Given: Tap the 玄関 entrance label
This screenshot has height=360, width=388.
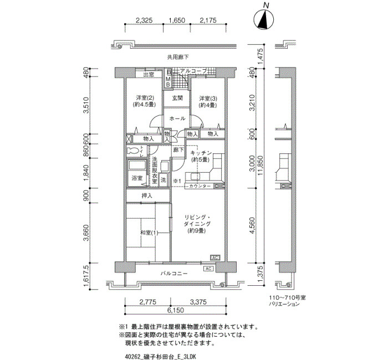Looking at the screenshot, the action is click(x=177, y=98).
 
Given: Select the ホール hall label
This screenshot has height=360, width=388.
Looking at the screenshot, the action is click(x=177, y=119).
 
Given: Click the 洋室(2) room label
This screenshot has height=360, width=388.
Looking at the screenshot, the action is click(x=144, y=98).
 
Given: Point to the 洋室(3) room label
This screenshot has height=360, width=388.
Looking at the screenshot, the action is click(x=208, y=99).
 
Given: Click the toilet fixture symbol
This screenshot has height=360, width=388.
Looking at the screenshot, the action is click(x=133, y=151).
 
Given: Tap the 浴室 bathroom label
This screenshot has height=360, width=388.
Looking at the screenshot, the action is click(x=137, y=178).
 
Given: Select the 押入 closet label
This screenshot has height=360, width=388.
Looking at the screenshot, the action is click(x=147, y=196).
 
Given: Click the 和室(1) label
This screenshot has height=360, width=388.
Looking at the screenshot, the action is click(x=149, y=233).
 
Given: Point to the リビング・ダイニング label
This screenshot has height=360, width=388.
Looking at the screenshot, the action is click(x=197, y=220).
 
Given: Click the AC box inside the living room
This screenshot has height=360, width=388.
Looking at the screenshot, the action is click(x=215, y=258).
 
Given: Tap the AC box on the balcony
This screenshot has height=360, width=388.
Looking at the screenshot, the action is click(x=208, y=269).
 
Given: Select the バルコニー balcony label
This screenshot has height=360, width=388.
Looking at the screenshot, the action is click(x=174, y=274).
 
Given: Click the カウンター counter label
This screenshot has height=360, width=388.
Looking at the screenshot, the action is click(x=200, y=186).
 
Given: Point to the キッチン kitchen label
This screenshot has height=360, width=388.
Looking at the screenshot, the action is click(x=201, y=153).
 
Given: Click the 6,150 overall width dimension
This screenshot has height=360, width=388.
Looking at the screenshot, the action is click(x=175, y=310).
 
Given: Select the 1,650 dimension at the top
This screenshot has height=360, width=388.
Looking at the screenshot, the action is click(x=177, y=20).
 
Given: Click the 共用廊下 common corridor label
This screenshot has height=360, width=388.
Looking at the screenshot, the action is click(x=178, y=58).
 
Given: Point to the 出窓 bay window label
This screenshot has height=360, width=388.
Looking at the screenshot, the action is click(x=149, y=75).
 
